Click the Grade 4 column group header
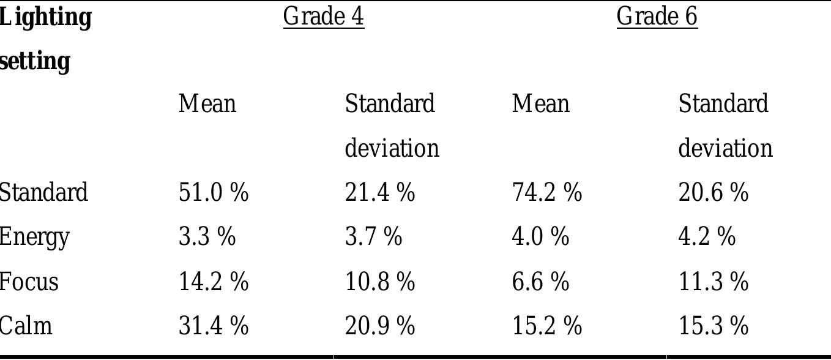click(x=323, y=17)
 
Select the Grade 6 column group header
click(x=657, y=17)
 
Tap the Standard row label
click(x=43, y=192)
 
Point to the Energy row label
click(x=34, y=237)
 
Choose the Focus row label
click(x=29, y=282)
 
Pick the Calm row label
click(x=26, y=325)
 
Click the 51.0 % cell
click(x=214, y=192)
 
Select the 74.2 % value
click(x=546, y=192)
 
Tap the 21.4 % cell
click(x=380, y=192)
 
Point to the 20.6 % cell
click(x=714, y=192)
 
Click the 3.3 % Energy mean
click(x=207, y=236)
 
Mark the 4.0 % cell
click(x=540, y=236)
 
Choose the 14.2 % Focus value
click(x=214, y=282)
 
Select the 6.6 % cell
click(x=540, y=282)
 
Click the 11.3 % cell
click(x=714, y=282)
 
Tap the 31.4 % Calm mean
click(x=214, y=325)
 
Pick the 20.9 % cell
click(x=380, y=325)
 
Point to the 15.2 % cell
click(x=546, y=325)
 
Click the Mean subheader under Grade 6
click(x=540, y=103)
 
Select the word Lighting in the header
click(x=45, y=17)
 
